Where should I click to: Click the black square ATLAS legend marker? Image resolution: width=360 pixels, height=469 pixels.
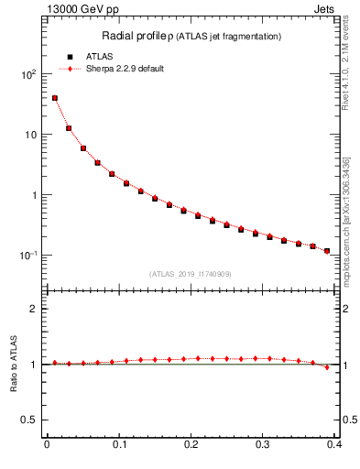pyautogui.click(x=70, y=57)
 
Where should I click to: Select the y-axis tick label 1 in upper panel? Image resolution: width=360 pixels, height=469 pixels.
pyautogui.click(x=37, y=195)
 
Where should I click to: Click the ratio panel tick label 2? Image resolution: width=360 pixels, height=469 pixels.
pyautogui.click(x=37, y=309)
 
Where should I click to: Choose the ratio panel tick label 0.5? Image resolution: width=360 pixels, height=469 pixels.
pyautogui.click(x=32, y=420)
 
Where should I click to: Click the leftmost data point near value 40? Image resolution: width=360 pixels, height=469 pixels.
pyautogui.click(x=54, y=98)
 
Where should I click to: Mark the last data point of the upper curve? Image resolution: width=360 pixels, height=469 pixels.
pyautogui.click(x=327, y=251)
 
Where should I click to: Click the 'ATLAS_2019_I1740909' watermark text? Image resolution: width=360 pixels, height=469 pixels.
pyautogui.click(x=191, y=274)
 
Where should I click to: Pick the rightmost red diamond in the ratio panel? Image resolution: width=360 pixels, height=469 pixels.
pyautogui.click(x=327, y=367)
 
